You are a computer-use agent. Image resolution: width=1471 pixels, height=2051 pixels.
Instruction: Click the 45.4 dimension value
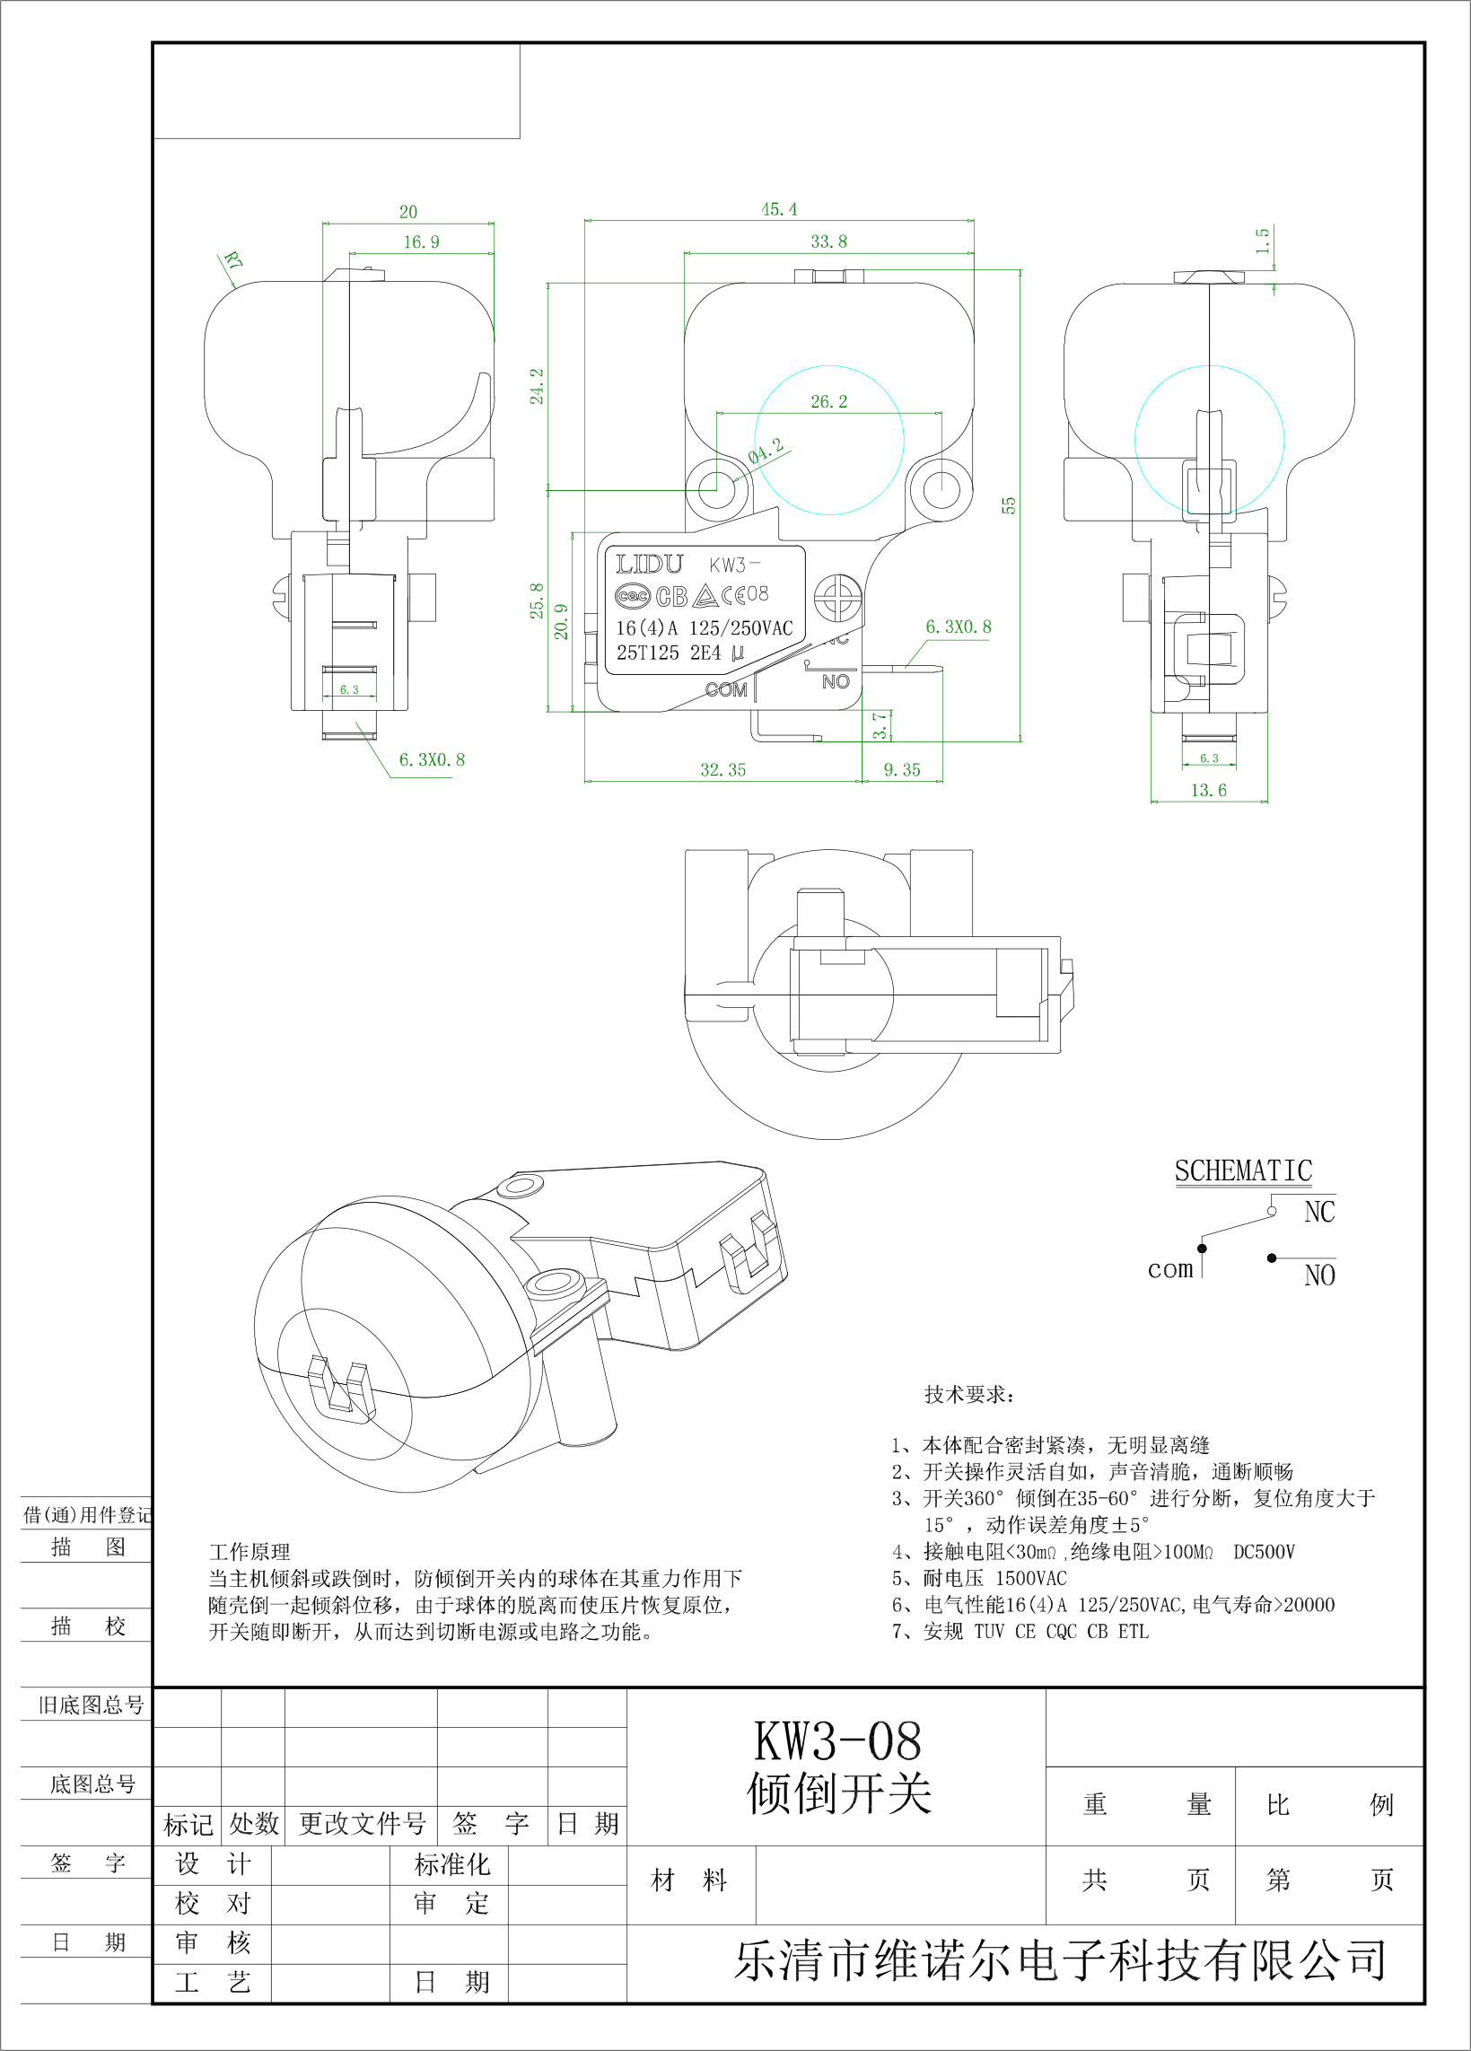click(779, 210)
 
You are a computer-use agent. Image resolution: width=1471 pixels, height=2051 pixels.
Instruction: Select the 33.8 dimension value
click(829, 241)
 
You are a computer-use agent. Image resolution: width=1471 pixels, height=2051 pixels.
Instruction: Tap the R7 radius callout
click(233, 262)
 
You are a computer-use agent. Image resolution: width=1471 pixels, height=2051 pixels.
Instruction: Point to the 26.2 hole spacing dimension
click(829, 401)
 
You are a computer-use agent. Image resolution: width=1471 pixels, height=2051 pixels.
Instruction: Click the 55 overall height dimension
click(1009, 505)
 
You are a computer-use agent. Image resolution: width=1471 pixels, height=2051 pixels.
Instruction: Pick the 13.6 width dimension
click(1209, 791)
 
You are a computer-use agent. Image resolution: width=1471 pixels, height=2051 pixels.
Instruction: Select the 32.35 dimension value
click(723, 769)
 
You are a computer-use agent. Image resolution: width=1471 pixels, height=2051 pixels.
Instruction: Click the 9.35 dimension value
click(902, 769)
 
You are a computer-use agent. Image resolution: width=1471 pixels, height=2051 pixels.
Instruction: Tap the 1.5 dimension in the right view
click(1263, 241)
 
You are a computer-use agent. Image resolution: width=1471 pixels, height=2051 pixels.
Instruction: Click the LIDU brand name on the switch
click(649, 565)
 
